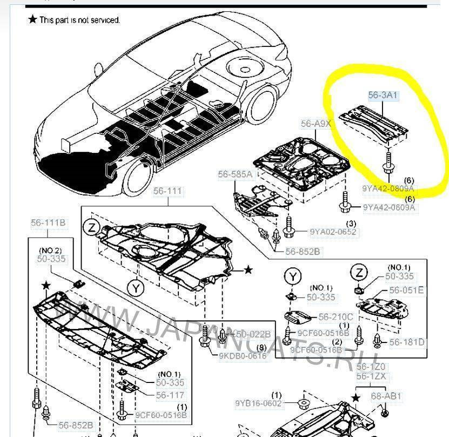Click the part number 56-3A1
point(383,96)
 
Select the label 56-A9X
point(316,124)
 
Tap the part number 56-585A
point(235,174)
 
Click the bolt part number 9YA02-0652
point(333,232)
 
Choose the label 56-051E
point(406,291)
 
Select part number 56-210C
point(335,317)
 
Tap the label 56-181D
point(406,342)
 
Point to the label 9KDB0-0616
point(243,356)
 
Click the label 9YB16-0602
point(258,404)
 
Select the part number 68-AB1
point(386,396)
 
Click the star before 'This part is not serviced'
point(32,19)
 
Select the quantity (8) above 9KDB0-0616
point(261,347)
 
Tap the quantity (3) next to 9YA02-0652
point(351,224)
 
